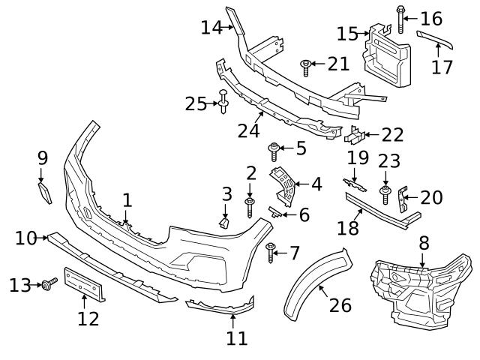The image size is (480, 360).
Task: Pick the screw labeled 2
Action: (250, 205)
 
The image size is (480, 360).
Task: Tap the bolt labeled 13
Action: (50, 283)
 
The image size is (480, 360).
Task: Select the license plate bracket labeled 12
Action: (84, 285)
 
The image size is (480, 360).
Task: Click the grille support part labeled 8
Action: (420, 289)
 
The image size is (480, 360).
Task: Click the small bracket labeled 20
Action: (403, 198)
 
